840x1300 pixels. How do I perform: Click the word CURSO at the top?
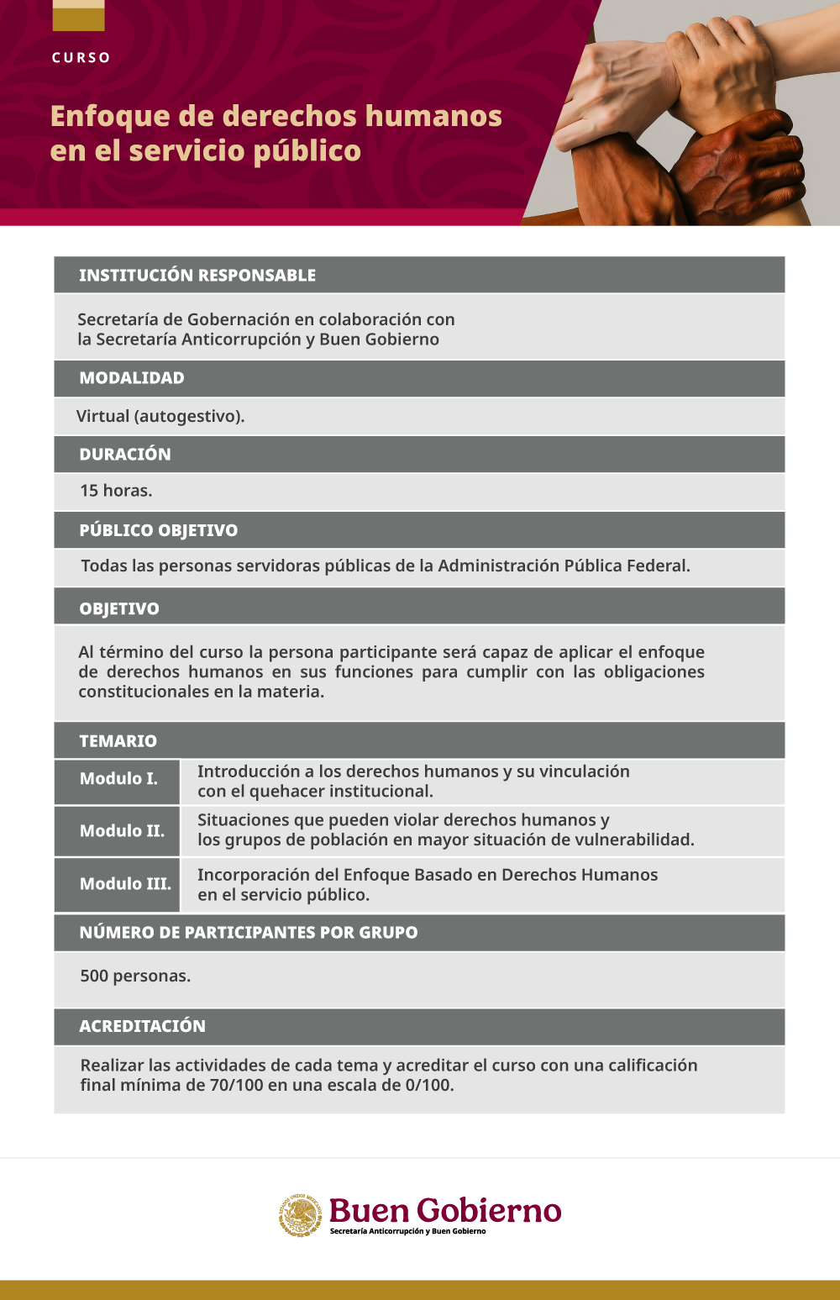(81, 58)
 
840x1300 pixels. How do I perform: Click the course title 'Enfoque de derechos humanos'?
(276, 116)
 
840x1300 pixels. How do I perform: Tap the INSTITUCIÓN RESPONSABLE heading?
(197, 276)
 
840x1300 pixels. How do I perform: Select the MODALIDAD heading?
(132, 378)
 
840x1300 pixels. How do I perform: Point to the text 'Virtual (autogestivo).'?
(160, 416)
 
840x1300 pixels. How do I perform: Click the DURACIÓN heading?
(125, 455)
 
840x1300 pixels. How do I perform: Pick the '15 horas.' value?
(116, 491)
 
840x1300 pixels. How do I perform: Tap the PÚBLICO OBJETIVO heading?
(159, 531)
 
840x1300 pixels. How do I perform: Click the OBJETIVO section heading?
(119, 609)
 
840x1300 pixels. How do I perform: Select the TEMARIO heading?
(118, 741)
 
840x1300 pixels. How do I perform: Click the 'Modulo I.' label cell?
(118, 779)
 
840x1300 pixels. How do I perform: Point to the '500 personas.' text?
(135, 976)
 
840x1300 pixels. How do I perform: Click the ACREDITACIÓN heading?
(143, 1026)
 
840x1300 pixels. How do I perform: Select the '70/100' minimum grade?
(237, 1085)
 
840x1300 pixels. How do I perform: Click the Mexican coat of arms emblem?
(301, 1215)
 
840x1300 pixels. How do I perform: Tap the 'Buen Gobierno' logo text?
(444, 1211)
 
